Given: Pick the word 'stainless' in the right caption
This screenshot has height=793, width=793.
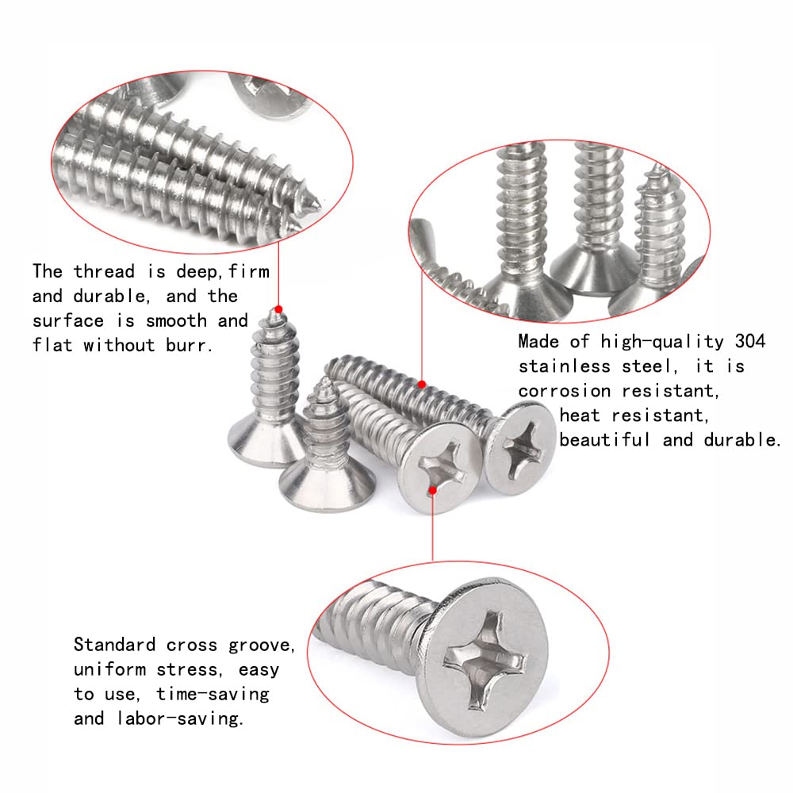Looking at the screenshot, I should (x=565, y=366).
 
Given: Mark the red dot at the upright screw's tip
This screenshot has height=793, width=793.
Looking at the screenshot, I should (x=278, y=308).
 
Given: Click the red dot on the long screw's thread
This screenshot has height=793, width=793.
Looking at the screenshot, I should (x=422, y=385).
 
